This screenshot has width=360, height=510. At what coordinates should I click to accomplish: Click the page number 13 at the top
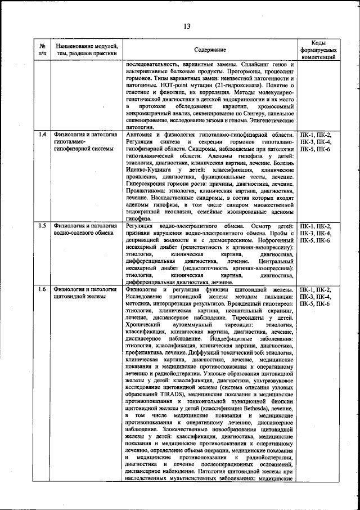click(x=186, y=25)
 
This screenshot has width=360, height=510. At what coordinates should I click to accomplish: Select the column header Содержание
click(x=211, y=50)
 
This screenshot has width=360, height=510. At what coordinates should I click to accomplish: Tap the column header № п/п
click(x=42, y=49)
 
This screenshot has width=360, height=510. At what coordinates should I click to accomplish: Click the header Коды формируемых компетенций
click(x=318, y=50)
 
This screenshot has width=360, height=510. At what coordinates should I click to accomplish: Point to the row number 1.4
click(x=42, y=135)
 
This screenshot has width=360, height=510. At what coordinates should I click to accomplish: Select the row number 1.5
click(x=42, y=226)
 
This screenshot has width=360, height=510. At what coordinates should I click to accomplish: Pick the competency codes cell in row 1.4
click(x=318, y=142)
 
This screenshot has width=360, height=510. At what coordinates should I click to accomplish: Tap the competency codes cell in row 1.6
click(x=318, y=297)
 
